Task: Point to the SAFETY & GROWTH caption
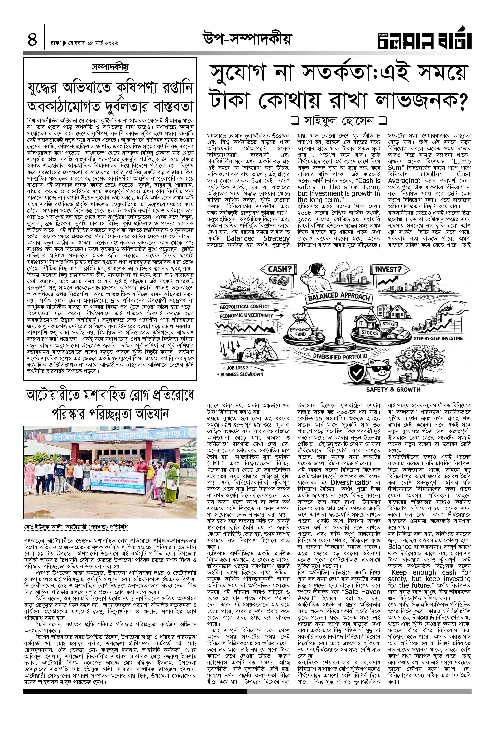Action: click(393, 389)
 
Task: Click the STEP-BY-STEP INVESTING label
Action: click(438, 338)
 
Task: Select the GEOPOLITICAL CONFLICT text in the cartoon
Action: click(245, 306)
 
